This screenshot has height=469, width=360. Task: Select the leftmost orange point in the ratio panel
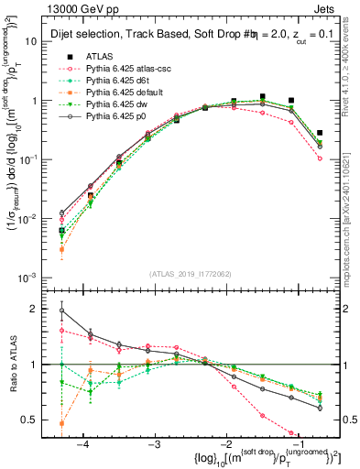point(61,423)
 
